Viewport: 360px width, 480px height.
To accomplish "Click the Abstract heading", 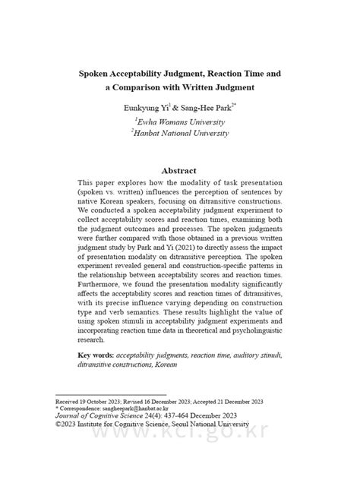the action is [179, 171].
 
